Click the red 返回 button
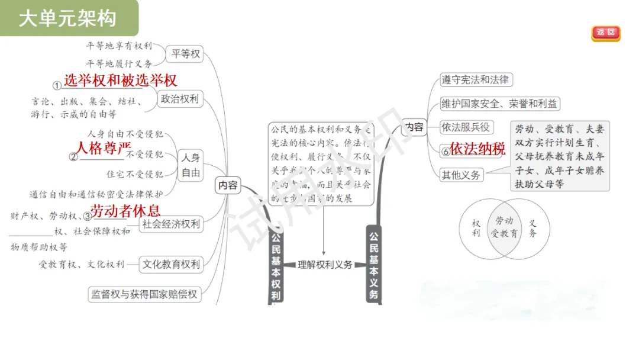(x=605, y=33)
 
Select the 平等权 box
(x=186, y=54)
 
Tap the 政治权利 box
(x=180, y=99)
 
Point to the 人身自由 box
(x=191, y=165)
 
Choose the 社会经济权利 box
(x=172, y=224)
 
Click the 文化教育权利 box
(x=171, y=265)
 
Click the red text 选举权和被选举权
(x=120, y=80)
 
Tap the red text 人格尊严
(x=104, y=147)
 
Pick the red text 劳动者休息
(x=125, y=210)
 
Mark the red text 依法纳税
(x=477, y=149)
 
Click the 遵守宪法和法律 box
(x=475, y=79)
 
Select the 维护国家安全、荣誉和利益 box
(x=499, y=104)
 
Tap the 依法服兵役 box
(x=466, y=127)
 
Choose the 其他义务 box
(x=461, y=175)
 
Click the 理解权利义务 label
(x=325, y=265)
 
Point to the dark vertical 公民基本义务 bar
(x=373, y=263)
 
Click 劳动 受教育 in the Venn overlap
(x=504, y=227)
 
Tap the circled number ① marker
(x=57, y=85)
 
